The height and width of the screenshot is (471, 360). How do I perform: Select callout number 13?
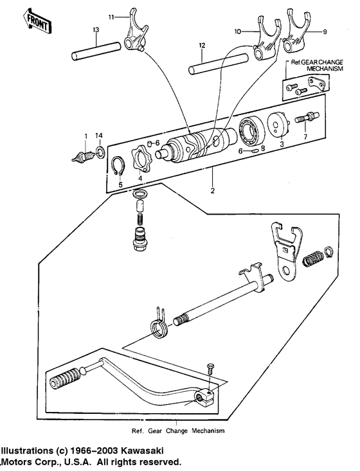96,30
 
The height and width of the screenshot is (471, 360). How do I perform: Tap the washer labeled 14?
100,152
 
